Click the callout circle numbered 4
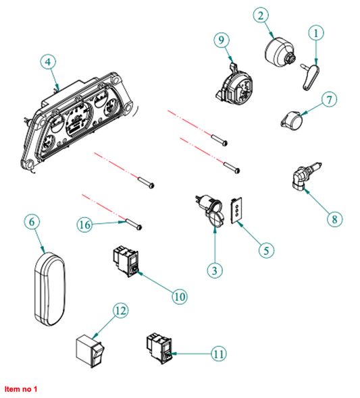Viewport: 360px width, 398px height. point(48,61)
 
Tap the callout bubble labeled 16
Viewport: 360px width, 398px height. point(85,225)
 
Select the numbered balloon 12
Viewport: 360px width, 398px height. point(120,310)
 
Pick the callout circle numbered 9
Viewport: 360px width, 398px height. point(222,40)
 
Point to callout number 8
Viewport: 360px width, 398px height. point(334,219)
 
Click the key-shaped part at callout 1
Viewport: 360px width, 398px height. point(311,77)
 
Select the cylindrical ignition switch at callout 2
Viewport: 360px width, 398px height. point(280,50)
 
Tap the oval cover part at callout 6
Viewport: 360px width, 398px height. point(50,289)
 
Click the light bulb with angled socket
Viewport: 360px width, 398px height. point(305,177)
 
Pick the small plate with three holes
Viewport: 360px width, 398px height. point(236,210)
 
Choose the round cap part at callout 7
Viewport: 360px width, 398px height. point(292,121)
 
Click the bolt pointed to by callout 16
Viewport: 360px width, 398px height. point(133,225)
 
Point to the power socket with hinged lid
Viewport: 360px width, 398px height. point(209,210)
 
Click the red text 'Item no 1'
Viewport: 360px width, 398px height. point(21,389)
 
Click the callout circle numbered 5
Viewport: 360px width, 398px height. point(266,250)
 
